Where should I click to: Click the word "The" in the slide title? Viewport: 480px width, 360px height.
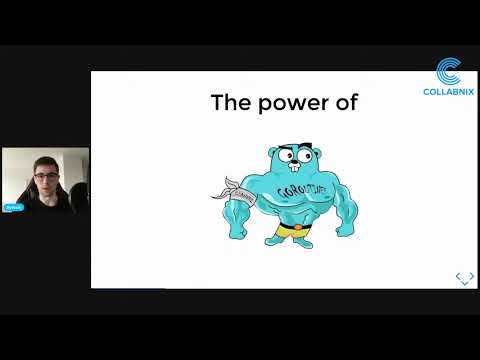click(x=228, y=102)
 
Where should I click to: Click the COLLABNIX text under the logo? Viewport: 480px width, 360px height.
click(x=449, y=91)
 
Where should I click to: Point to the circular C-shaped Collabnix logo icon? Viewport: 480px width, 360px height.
click(x=449, y=70)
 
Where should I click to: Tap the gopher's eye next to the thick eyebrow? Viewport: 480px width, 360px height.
click(x=287, y=156)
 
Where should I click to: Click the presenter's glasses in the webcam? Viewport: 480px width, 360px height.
click(x=45, y=179)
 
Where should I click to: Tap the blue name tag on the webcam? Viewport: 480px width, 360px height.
click(x=13, y=207)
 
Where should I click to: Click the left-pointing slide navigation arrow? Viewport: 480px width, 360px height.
click(x=458, y=276)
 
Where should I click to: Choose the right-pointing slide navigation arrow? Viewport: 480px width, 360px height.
click(x=471, y=276)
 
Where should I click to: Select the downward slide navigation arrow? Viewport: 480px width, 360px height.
click(x=465, y=283)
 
